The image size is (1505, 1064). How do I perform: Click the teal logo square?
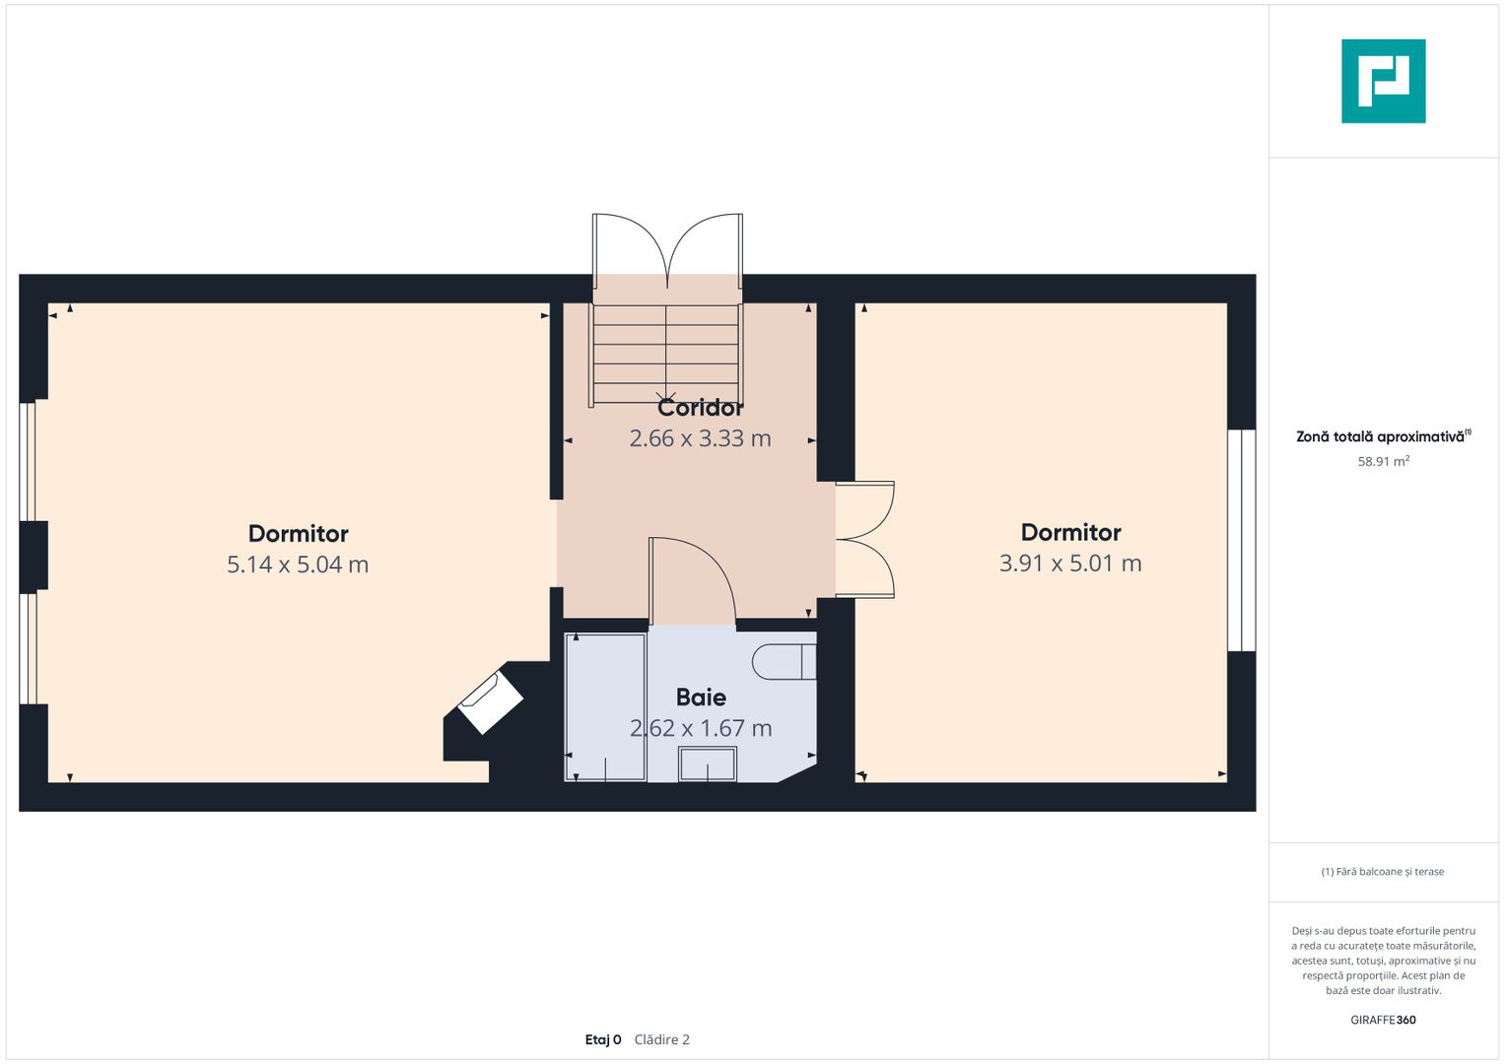pyautogui.click(x=1384, y=81)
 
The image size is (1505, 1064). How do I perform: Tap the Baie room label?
pyautogui.click(x=701, y=698)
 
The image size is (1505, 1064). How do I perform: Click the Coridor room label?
pyautogui.click(x=700, y=408)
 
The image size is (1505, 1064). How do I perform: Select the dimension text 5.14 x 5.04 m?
pyautogui.click(x=298, y=565)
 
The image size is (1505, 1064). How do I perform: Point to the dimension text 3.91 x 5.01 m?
pyautogui.click(x=1070, y=563)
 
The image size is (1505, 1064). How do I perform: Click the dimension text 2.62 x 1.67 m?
pyautogui.click(x=701, y=728)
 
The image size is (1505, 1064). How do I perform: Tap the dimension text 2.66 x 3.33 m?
pyautogui.click(x=700, y=438)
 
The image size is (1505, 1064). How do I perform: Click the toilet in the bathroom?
pyautogui.click(x=785, y=662)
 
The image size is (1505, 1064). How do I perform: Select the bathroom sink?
pyautogui.click(x=708, y=764)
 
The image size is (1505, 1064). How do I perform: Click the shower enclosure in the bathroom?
pyautogui.click(x=605, y=707)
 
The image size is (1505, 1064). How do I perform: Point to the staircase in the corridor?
pyautogui.click(x=666, y=354)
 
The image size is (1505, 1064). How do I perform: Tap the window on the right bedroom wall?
pyautogui.click(x=1242, y=541)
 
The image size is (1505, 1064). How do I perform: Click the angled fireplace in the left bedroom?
pyautogui.click(x=491, y=701)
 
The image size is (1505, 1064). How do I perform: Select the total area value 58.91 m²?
pyautogui.click(x=1384, y=461)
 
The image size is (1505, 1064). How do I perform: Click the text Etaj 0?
pyautogui.click(x=603, y=1039)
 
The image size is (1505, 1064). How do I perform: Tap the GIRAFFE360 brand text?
pyautogui.click(x=1384, y=1020)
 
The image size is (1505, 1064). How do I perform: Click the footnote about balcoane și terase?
pyautogui.click(x=1383, y=872)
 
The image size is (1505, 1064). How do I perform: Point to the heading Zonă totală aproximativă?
pyautogui.click(x=1384, y=435)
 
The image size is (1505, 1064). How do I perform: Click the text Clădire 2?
pyautogui.click(x=661, y=1039)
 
